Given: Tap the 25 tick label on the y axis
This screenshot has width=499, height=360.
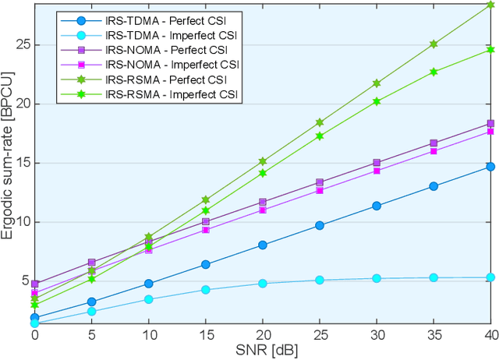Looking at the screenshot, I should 22,44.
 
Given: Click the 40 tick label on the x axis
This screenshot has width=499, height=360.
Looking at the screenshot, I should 490,335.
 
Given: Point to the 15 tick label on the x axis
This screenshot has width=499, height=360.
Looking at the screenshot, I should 206,335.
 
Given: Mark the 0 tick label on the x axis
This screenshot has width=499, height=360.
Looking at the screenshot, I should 35,335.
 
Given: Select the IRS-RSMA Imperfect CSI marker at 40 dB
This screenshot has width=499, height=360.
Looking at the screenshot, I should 490,50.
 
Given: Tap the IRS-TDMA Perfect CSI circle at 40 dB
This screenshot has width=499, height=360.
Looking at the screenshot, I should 490,166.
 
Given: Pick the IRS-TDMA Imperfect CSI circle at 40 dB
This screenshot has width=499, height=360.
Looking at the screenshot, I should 490,277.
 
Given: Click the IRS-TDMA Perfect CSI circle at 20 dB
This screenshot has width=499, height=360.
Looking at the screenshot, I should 263,245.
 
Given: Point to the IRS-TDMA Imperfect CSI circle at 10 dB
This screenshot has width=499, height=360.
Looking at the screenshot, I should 149,299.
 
